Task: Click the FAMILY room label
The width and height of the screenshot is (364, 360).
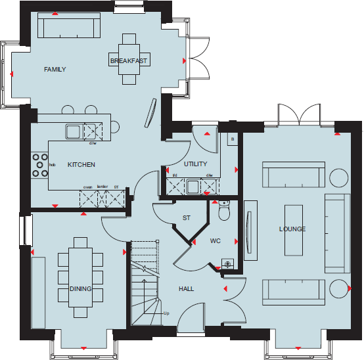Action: click(x=55, y=70)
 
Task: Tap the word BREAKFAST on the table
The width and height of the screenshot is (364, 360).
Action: click(x=129, y=61)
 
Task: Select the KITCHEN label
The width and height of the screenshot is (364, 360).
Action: click(x=81, y=165)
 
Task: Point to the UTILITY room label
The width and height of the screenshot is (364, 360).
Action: click(x=196, y=164)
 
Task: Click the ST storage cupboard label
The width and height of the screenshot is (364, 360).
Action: click(x=186, y=218)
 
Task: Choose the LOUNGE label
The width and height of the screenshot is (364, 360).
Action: click(x=292, y=229)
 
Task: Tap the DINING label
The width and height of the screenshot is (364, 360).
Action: click(x=80, y=289)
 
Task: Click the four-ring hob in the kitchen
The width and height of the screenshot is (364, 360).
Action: click(x=39, y=165)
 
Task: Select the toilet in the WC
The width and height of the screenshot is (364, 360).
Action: click(x=224, y=212)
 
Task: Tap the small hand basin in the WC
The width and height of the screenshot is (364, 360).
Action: click(x=227, y=264)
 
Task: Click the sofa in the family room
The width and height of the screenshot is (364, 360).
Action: click(x=69, y=27)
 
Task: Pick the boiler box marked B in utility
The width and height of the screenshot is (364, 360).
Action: click(x=231, y=139)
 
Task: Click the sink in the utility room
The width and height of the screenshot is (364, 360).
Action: click(x=193, y=188)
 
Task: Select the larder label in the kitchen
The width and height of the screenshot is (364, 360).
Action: click(x=101, y=187)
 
